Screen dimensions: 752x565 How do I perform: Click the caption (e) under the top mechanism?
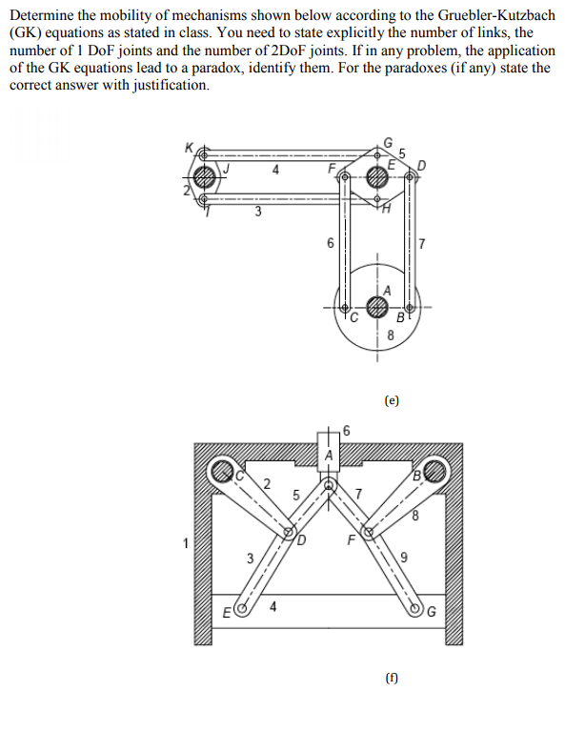tap(392, 401)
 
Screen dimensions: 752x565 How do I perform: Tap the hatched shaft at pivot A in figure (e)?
tap(378, 307)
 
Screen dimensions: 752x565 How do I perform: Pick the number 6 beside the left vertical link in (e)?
tap(331, 243)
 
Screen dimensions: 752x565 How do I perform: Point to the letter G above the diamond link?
tap(387, 143)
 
